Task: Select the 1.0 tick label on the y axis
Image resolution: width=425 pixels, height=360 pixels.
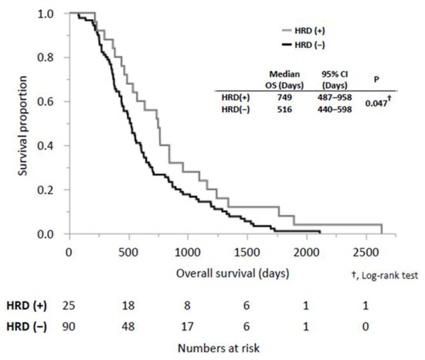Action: click(x=53, y=14)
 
